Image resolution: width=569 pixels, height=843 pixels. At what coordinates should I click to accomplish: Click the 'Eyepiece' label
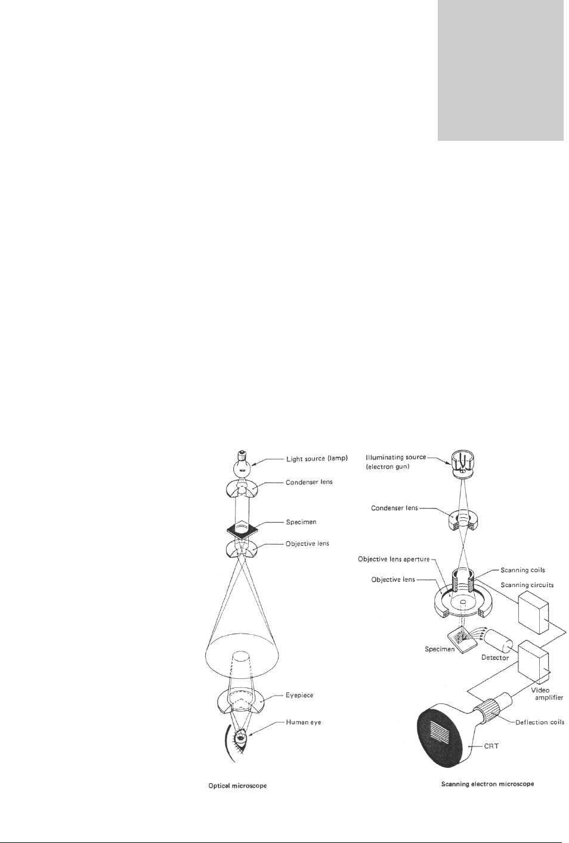pos(299,696)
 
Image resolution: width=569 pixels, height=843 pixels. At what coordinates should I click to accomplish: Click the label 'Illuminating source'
pos(395,458)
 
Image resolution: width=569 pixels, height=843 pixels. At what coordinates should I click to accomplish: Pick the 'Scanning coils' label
pos(522,570)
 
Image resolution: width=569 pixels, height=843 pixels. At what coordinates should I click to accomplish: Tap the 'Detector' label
pos(495,658)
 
